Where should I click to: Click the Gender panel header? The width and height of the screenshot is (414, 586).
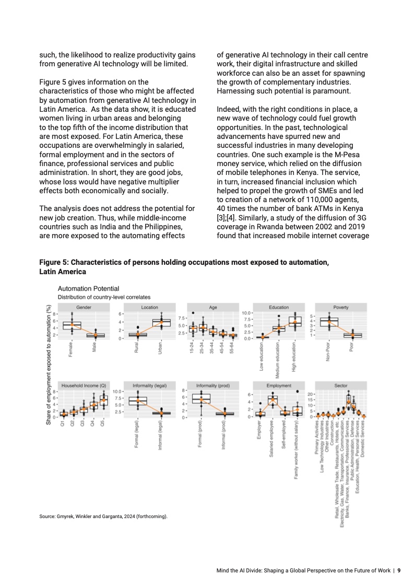click(84, 307)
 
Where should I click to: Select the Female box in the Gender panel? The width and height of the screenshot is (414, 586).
click(72, 325)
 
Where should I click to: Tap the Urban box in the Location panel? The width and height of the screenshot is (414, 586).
click(161, 322)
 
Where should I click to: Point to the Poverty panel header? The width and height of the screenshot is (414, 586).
click(341, 307)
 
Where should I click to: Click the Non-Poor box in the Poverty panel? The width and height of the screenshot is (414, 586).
click(329, 322)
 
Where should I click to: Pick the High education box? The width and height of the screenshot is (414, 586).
click(295, 322)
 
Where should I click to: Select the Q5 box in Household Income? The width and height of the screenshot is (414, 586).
click(103, 400)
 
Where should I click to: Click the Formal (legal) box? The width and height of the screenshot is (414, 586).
click(138, 401)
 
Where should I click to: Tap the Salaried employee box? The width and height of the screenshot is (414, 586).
click(272, 401)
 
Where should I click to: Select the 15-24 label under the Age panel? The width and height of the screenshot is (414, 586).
click(193, 348)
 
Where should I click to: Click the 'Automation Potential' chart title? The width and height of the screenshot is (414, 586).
click(88, 288)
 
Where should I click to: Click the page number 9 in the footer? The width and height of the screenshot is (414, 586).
click(399, 570)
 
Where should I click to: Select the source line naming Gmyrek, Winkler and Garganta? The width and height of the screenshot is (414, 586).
click(103, 516)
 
